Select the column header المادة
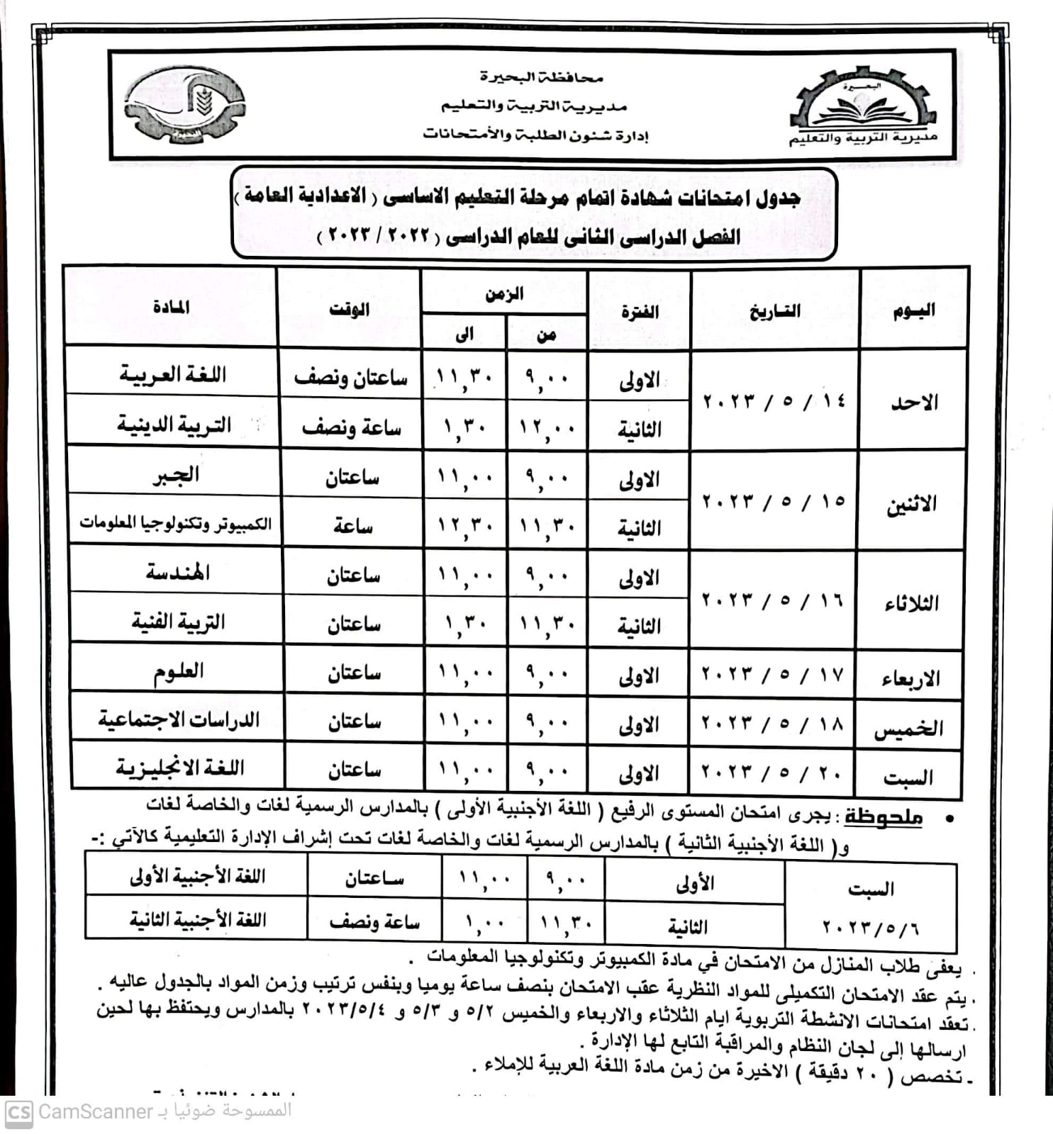click(x=171, y=307)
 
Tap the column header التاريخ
click(x=774, y=310)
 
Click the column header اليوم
click(x=913, y=310)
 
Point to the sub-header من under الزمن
click(x=546, y=335)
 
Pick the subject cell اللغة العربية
click(x=172, y=374)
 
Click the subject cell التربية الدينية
click(x=174, y=425)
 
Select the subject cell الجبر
click(x=176, y=474)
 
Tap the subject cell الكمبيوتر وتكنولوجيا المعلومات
click(x=175, y=523)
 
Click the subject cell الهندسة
click(x=177, y=571)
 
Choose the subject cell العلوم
click(x=179, y=670)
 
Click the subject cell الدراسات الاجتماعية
click(x=179, y=719)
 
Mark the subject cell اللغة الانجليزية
click(x=180, y=768)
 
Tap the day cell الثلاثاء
click(x=911, y=603)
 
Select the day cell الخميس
click(x=909, y=728)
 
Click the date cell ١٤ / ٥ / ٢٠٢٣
click(x=774, y=400)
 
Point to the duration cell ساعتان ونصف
click(x=350, y=378)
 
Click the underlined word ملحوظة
click(x=883, y=817)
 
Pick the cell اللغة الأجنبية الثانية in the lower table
click(x=197, y=919)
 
